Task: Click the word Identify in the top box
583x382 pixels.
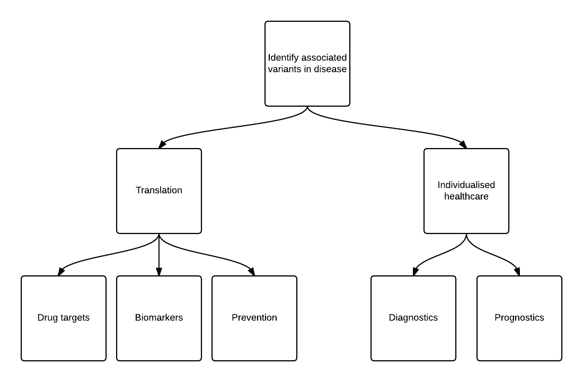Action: pos(284,58)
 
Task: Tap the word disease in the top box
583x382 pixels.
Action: pos(330,69)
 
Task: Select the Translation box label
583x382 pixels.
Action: pos(159,190)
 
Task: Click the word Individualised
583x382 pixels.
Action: pos(466,185)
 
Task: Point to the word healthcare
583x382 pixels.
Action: pos(466,196)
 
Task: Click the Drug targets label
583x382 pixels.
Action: pos(64,318)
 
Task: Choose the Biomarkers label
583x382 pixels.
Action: pos(159,318)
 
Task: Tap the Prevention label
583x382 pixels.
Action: pos(254,318)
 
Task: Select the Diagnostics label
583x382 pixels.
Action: pos(413,318)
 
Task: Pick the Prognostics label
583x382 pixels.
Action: pos(519,318)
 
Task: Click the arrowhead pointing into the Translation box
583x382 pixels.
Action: pos(163,144)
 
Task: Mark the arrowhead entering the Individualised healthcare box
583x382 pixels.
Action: pos(463,144)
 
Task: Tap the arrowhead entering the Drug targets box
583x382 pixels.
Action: pos(61,272)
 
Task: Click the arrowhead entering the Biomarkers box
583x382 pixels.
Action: pos(159,272)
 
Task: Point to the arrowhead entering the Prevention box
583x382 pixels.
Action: pos(251,272)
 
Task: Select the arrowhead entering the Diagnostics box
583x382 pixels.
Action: pos(416,272)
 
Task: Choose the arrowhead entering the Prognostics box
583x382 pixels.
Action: pos(516,272)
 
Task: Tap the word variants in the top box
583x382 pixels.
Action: pos(284,69)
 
